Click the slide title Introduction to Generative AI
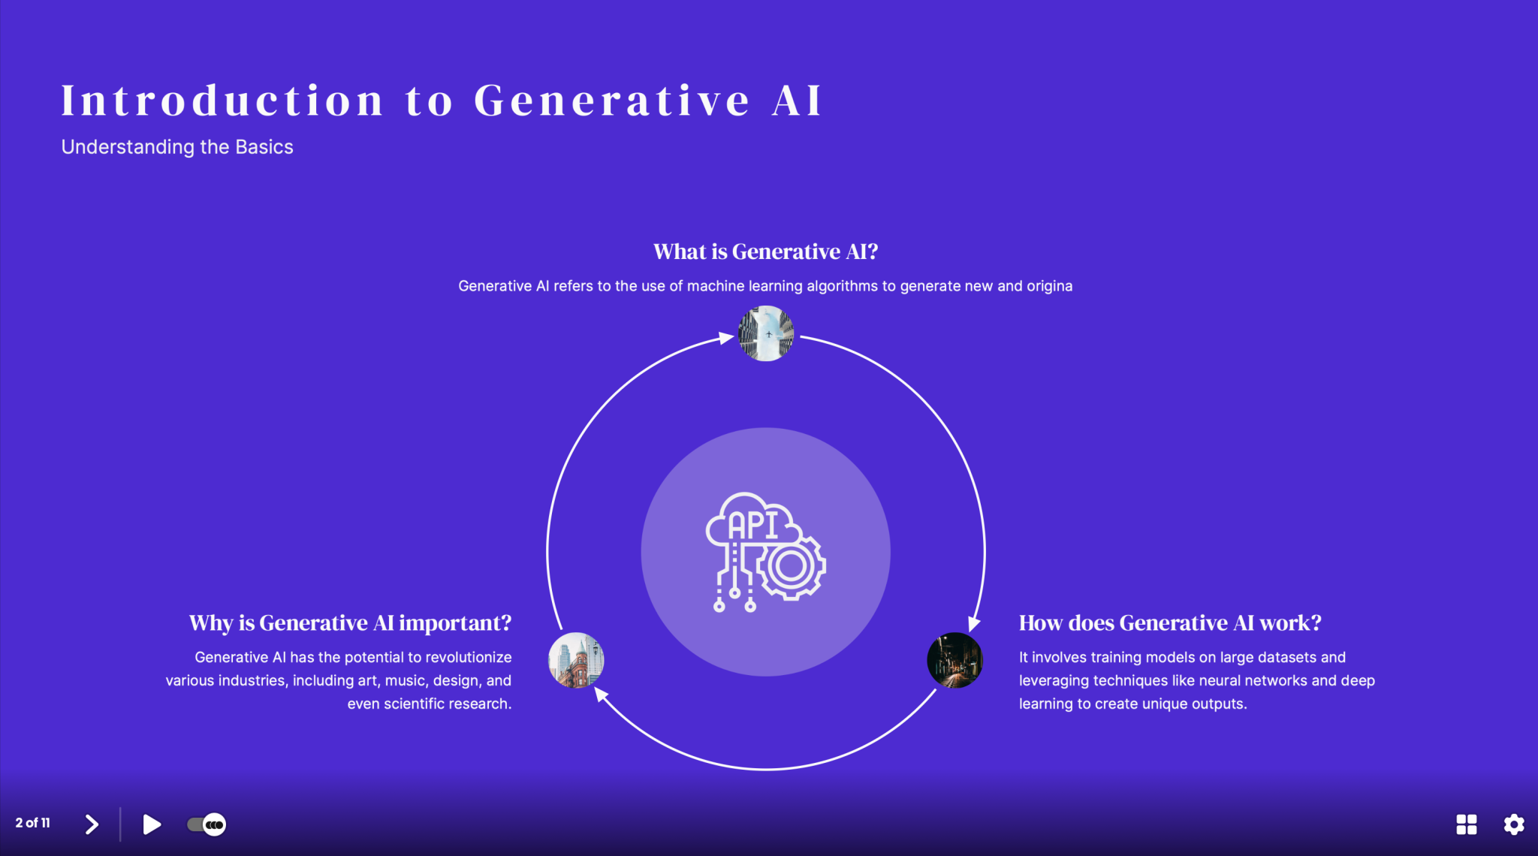pyautogui.click(x=442, y=101)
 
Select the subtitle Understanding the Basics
pyautogui.click(x=177, y=147)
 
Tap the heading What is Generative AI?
pyautogui.click(x=765, y=252)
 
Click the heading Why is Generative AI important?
pyautogui.click(x=350, y=623)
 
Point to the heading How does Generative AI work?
pyautogui.click(x=1169, y=623)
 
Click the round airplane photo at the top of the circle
pyautogui.click(x=765, y=333)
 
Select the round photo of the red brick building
pyautogui.click(x=576, y=660)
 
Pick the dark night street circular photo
pyautogui.click(x=954, y=660)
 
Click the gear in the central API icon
pyautogui.click(x=791, y=567)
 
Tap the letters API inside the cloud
pyautogui.click(x=753, y=525)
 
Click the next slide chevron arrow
pyautogui.click(x=92, y=824)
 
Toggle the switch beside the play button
pyautogui.click(x=206, y=824)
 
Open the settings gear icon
pyautogui.click(x=1513, y=824)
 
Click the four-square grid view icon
pyautogui.click(x=1466, y=824)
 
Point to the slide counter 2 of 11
pyautogui.click(x=33, y=823)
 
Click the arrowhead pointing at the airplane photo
pyautogui.click(x=725, y=338)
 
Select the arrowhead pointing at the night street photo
pyautogui.click(x=973, y=624)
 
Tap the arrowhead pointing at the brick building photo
pyautogui.click(x=601, y=694)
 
